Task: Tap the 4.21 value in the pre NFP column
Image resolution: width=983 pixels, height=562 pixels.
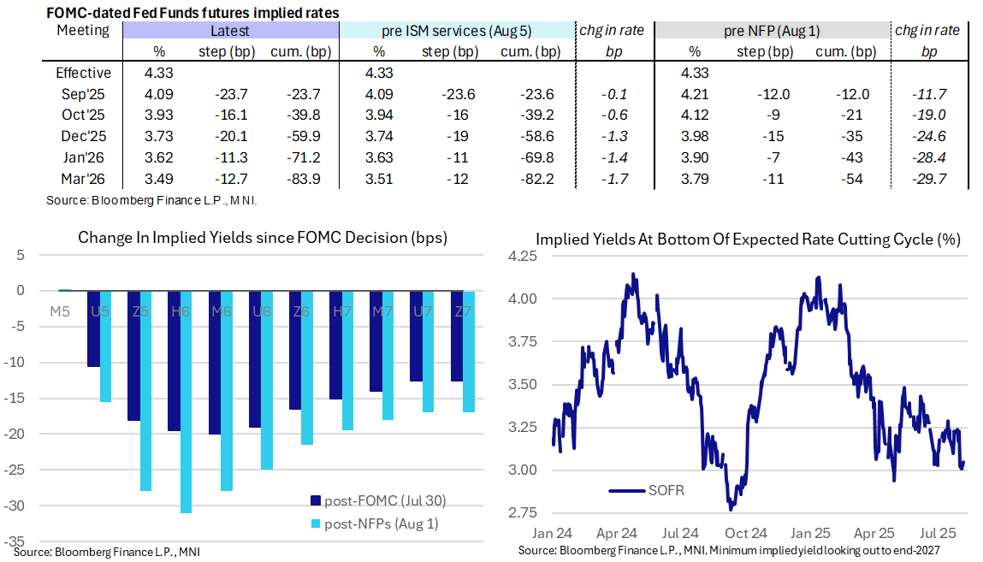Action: click(694, 93)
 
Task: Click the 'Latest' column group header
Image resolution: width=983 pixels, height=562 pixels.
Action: click(230, 31)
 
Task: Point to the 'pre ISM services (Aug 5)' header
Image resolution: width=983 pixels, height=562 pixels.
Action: click(457, 31)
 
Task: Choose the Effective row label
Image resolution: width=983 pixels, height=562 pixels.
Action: click(82, 73)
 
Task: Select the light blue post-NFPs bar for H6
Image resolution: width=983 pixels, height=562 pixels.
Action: click(187, 401)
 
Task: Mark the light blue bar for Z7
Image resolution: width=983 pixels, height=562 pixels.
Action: click(468, 351)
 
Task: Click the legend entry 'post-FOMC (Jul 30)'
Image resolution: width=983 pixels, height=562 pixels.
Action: click(377, 500)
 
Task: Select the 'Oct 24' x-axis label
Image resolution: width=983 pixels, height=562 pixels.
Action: click(753, 530)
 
